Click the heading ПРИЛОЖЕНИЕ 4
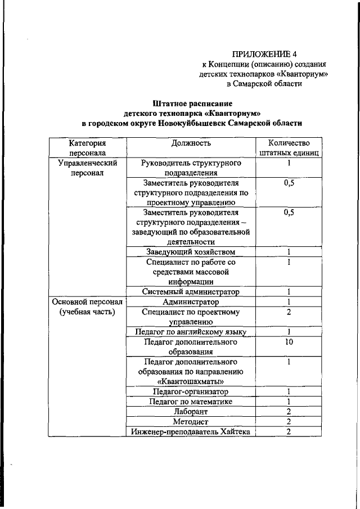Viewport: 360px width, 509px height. click(x=264, y=54)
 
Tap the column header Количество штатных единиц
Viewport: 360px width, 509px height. click(x=289, y=148)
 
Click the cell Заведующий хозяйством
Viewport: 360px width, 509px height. click(x=191, y=251)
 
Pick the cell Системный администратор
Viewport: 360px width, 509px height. click(x=191, y=292)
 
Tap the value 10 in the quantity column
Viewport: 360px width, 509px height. click(x=289, y=341)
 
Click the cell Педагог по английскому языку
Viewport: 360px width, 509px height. click(x=191, y=332)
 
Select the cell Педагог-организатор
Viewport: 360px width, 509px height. click(x=191, y=391)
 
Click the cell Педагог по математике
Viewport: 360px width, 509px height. click(x=191, y=402)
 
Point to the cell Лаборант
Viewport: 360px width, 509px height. click(x=191, y=412)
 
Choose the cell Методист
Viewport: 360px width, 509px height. click(x=191, y=422)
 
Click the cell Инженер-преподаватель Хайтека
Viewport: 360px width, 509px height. click(x=191, y=432)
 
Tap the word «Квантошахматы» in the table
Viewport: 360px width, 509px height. click(x=191, y=381)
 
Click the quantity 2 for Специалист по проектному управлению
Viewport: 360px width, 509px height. click(x=289, y=312)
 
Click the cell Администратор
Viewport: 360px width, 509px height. click(x=191, y=302)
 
